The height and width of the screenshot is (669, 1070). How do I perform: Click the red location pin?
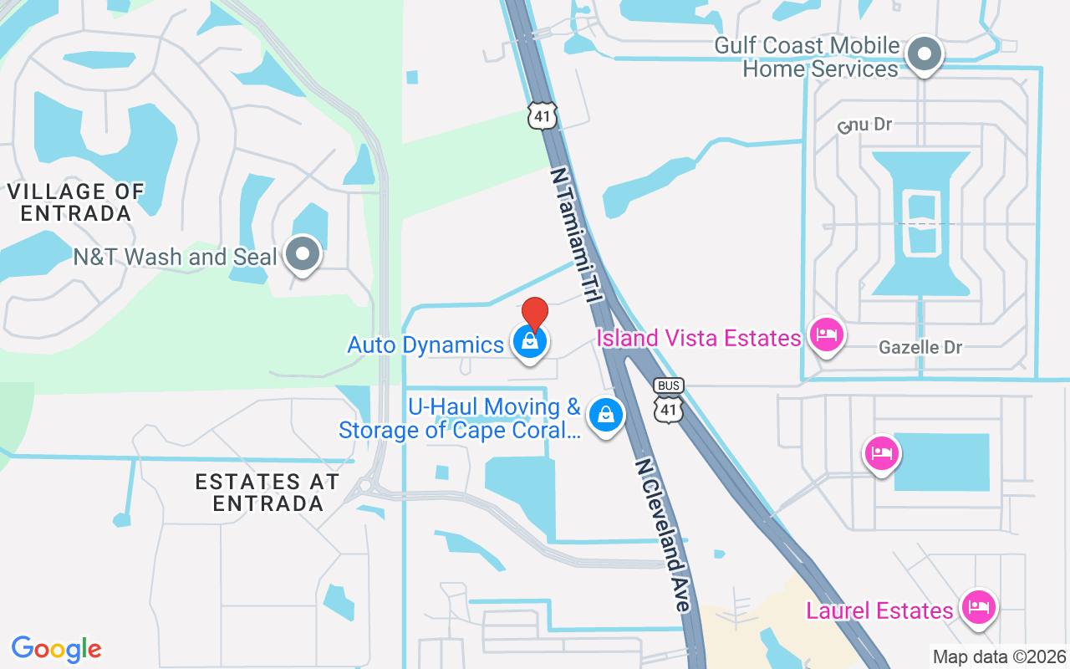tap(534, 313)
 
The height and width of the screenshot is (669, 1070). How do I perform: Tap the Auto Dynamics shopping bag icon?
tap(529, 342)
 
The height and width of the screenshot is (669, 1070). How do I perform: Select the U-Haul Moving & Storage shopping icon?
tap(605, 415)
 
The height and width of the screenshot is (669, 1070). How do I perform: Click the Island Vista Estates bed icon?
tap(827, 336)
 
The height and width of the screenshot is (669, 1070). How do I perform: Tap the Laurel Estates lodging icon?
tap(977, 607)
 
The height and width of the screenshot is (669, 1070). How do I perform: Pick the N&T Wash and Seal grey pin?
tap(303, 253)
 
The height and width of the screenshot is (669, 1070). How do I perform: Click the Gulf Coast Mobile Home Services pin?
tap(924, 54)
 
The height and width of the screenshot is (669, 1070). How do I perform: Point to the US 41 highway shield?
tap(543, 115)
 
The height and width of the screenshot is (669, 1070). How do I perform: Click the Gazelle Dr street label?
tap(920, 347)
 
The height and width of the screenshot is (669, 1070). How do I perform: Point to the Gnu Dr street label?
tap(866, 125)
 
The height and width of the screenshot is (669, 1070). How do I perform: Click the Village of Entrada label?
tap(76, 202)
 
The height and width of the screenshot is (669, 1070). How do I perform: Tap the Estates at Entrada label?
tap(267, 492)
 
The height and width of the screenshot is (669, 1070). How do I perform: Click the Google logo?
tap(57, 648)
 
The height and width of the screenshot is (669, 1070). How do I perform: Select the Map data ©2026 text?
tap(999, 656)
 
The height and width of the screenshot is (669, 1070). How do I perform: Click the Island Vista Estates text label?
tap(699, 338)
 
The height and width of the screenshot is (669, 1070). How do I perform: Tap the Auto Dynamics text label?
tap(425, 345)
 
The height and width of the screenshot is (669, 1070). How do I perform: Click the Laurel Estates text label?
tap(879, 610)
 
